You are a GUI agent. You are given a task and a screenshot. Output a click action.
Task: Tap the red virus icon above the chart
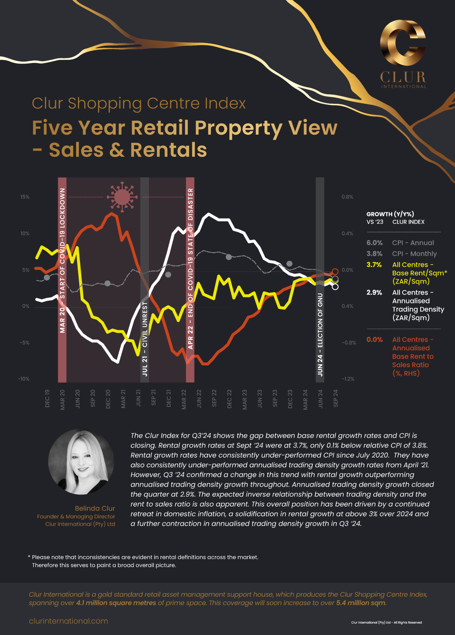point(122,197)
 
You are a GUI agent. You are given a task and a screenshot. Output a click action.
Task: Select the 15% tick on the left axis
point(25,197)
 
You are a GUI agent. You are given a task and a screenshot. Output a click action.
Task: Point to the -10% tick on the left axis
point(24,379)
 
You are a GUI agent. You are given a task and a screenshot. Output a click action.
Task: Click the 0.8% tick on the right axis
point(347,197)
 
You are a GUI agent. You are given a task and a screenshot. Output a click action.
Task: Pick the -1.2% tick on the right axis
point(348,379)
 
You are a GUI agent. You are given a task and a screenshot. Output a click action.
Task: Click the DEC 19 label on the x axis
point(47,398)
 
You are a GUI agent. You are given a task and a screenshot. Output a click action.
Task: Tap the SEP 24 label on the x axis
point(336,398)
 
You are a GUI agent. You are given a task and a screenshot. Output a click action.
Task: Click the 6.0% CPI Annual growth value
point(374,243)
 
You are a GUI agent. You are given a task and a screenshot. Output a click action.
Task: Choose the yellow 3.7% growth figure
point(374,265)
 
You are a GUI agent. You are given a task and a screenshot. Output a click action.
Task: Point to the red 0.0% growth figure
point(374,340)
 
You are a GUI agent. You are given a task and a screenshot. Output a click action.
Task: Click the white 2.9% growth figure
point(374,292)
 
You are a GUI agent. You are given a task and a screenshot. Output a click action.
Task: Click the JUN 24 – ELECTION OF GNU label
point(320,335)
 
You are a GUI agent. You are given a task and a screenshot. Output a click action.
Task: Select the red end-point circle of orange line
point(335,272)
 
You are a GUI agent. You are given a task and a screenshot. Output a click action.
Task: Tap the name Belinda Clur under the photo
point(95,508)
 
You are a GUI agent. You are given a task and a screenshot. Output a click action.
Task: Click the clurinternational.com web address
point(69,621)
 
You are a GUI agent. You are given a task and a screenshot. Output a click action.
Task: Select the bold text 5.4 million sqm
point(361,603)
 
